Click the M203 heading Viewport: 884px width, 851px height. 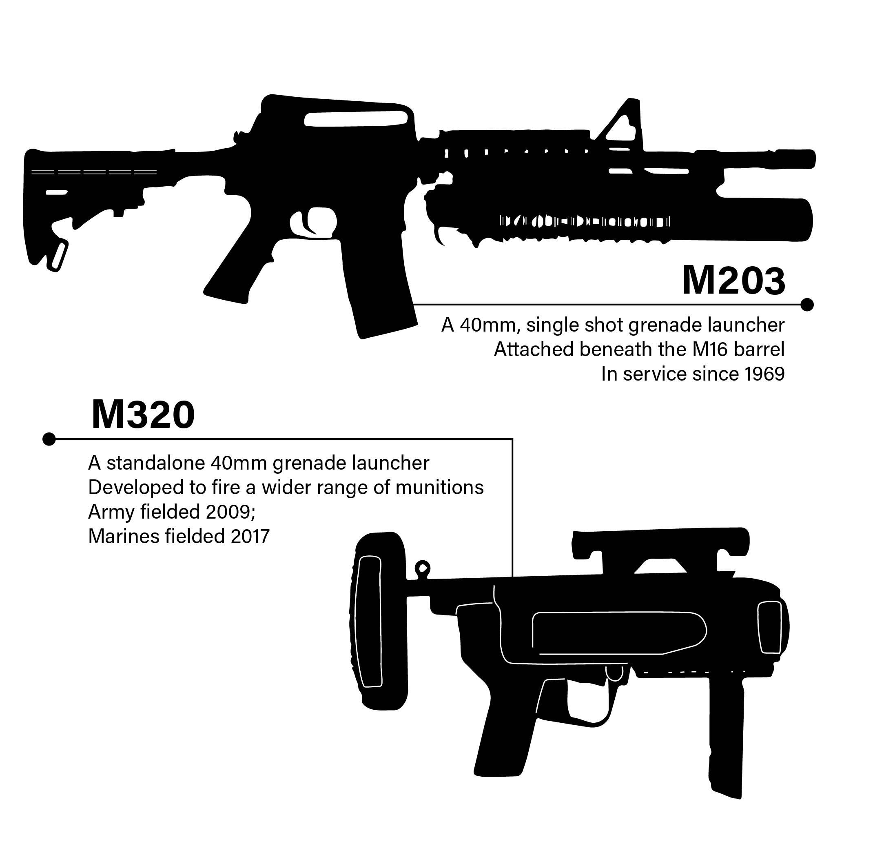click(734, 281)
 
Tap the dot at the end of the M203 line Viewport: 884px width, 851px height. click(807, 305)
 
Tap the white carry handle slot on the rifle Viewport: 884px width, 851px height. click(356, 119)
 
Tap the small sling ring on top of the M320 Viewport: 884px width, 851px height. click(423, 568)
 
